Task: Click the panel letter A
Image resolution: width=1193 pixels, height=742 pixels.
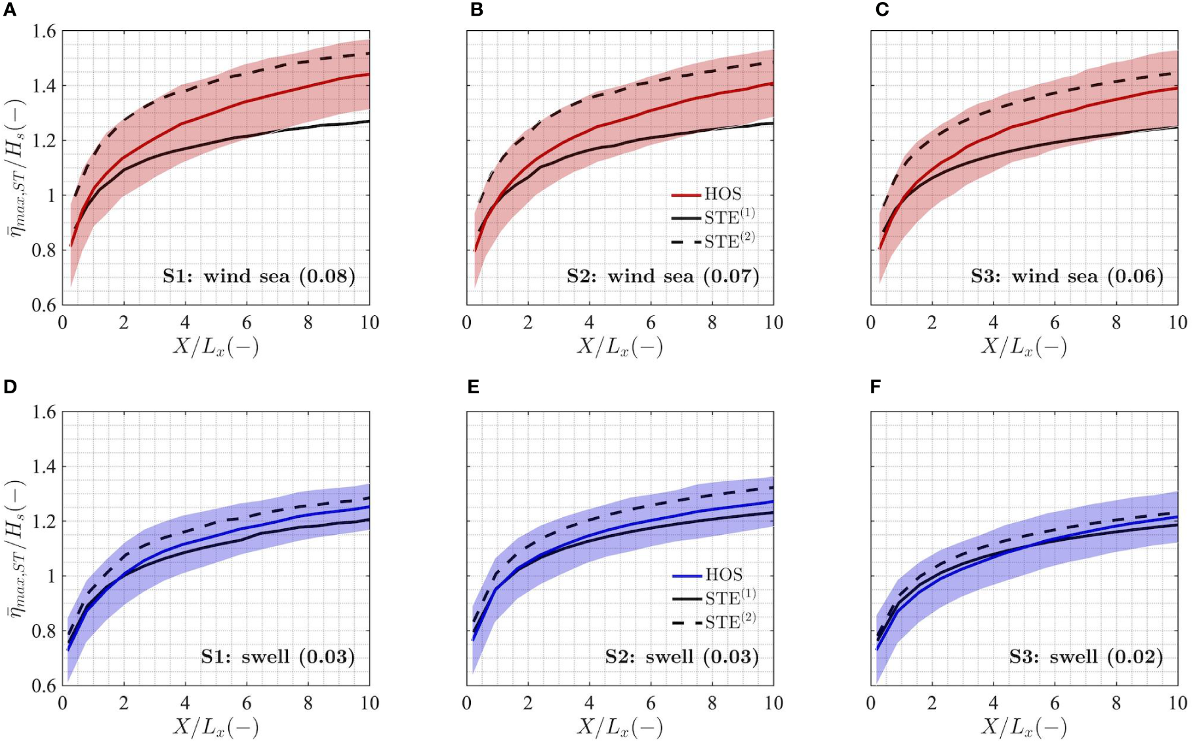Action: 10,10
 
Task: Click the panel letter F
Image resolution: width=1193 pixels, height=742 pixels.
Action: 876,387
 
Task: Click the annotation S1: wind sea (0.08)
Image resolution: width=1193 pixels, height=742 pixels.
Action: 259,276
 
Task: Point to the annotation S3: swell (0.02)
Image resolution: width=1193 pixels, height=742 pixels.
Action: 1086,657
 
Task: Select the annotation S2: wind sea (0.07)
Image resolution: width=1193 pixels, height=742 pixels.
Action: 663,276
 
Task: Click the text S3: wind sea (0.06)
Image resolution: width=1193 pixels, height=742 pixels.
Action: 1067,276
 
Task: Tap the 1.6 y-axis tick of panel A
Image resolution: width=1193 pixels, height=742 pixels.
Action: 44,31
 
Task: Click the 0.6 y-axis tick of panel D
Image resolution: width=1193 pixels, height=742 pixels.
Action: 44,686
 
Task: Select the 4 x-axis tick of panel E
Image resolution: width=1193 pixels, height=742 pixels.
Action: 589,703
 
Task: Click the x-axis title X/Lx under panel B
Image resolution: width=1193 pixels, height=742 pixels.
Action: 620,347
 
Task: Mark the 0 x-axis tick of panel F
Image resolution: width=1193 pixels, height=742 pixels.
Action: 871,703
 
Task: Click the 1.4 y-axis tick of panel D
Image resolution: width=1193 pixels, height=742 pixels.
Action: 44,467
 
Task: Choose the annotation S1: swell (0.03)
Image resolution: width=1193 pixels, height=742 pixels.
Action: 278,657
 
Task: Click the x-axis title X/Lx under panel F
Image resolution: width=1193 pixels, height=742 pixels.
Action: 1024,728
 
